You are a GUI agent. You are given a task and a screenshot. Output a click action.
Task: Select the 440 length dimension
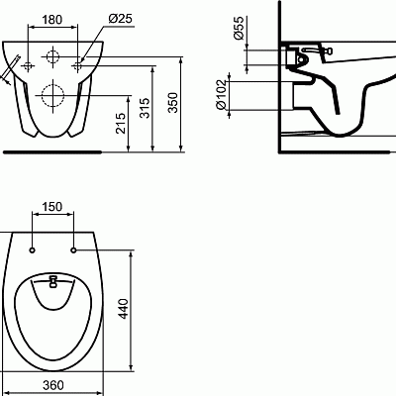(x=123, y=309)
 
